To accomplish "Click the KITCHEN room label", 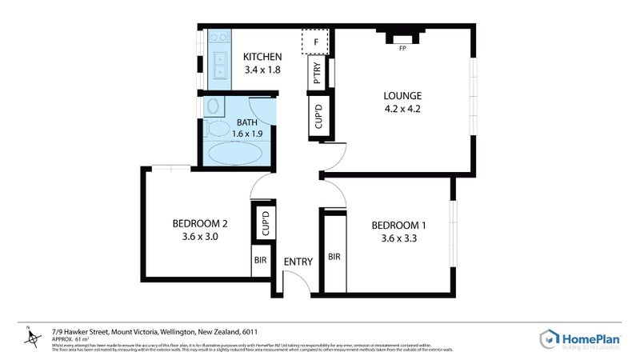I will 262,57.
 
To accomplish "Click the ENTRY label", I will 298,262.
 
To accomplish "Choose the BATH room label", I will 246,122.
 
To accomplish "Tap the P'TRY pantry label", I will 318,74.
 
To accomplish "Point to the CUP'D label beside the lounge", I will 318,117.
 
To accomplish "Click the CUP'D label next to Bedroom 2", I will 265,223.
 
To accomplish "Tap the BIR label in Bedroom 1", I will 334,257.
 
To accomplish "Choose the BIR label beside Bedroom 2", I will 260,261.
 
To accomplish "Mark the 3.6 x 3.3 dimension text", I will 399,238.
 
